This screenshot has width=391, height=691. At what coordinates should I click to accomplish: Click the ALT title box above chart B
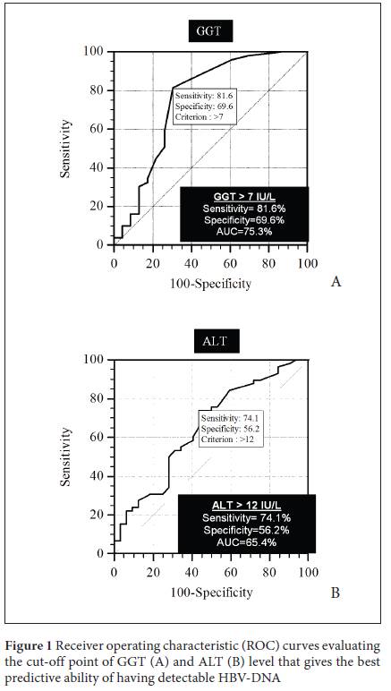(217, 341)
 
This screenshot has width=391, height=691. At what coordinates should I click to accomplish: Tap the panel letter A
(336, 281)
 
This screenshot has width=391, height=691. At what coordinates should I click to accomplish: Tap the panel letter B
(336, 593)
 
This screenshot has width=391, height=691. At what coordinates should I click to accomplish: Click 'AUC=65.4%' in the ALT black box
(247, 542)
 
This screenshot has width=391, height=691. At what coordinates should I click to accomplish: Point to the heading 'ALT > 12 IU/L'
(247, 507)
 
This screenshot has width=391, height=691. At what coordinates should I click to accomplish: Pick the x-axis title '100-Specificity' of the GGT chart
(210, 284)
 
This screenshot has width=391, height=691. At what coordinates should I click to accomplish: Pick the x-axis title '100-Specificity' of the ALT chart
(211, 592)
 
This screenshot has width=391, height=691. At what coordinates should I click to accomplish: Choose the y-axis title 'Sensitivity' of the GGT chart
(65, 148)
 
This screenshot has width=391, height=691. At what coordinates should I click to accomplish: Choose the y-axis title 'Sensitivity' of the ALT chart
(65, 456)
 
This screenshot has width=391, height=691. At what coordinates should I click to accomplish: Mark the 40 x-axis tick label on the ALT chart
(191, 572)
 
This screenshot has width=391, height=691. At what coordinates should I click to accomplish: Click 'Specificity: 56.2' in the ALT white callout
(227, 429)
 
